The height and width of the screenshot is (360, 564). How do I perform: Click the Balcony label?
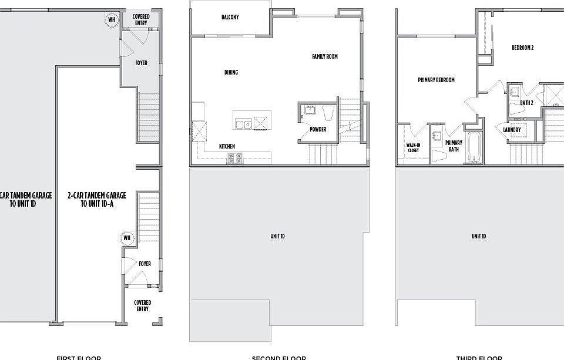pyautogui.click(x=230, y=17)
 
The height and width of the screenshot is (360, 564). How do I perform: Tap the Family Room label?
pyautogui.click(x=324, y=56)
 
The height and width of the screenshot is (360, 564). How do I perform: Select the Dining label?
pyautogui.click(x=231, y=72)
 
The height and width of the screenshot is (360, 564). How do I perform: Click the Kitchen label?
pyautogui.click(x=227, y=146)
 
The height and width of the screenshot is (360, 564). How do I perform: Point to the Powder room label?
pyautogui.click(x=318, y=129)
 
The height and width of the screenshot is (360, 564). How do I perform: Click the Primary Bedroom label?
pyautogui.click(x=436, y=80)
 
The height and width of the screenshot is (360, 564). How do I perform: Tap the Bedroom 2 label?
pyautogui.click(x=522, y=48)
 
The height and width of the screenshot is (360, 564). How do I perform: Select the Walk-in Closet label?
pyautogui.click(x=413, y=147)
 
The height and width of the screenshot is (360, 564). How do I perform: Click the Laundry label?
pyautogui.click(x=512, y=130)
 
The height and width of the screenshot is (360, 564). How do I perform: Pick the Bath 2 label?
pyautogui.click(x=526, y=103)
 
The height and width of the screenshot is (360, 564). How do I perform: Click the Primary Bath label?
pyautogui.click(x=454, y=146)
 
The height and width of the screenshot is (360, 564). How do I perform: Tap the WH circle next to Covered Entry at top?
pyautogui.click(x=112, y=19)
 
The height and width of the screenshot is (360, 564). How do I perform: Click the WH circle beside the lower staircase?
pyautogui.click(x=126, y=238)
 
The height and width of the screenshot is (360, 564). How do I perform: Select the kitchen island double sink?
pyautogui.click(x=244, y=123)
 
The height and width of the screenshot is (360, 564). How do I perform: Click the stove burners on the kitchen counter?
pyautogui.click(x=234, y=157)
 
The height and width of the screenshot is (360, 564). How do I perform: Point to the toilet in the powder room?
pyautogui.click(x=328, y=112)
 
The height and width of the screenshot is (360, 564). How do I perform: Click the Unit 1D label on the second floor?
pyautogui.click(x=277, y=236)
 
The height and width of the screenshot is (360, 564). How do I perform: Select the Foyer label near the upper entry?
pyautogui.click(x=142, y=63)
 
